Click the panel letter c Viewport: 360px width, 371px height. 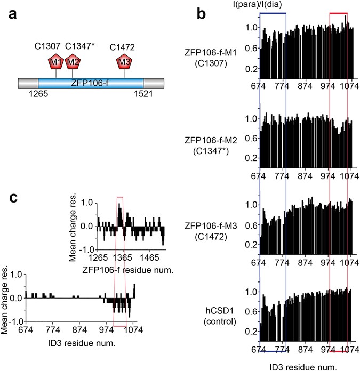tap(16, 198)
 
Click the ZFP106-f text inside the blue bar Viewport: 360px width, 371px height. tap(91, 84)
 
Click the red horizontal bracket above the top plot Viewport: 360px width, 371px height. tap(339, 13)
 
